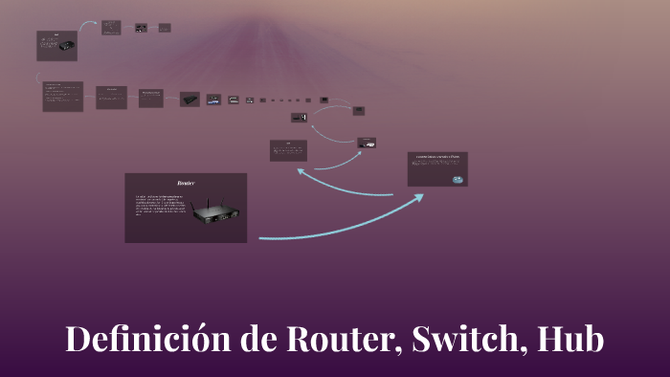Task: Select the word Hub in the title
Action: pyautogui.click(x=571, y=341)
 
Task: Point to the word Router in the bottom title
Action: pyautogui.click(x=341, y=341)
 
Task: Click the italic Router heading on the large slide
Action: pyautogui.click(x=186, y=182)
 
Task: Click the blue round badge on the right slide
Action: pyautogui.click(x=458, y=179)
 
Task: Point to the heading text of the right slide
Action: pyautogui.click(x=436, y=156)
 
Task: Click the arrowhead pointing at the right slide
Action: pyautogui.click(x=420, y=196)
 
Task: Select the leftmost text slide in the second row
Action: pyautogui.click(x=62, y=96)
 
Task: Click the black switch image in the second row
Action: pyautogui.click(x=190, y=99)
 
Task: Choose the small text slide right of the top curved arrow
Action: pyautogui.click(x=111, y=27)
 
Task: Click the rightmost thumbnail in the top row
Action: pyautogui.click(x=166, y=28)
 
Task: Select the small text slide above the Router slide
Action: pyautogui.click(x=288, y=150)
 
